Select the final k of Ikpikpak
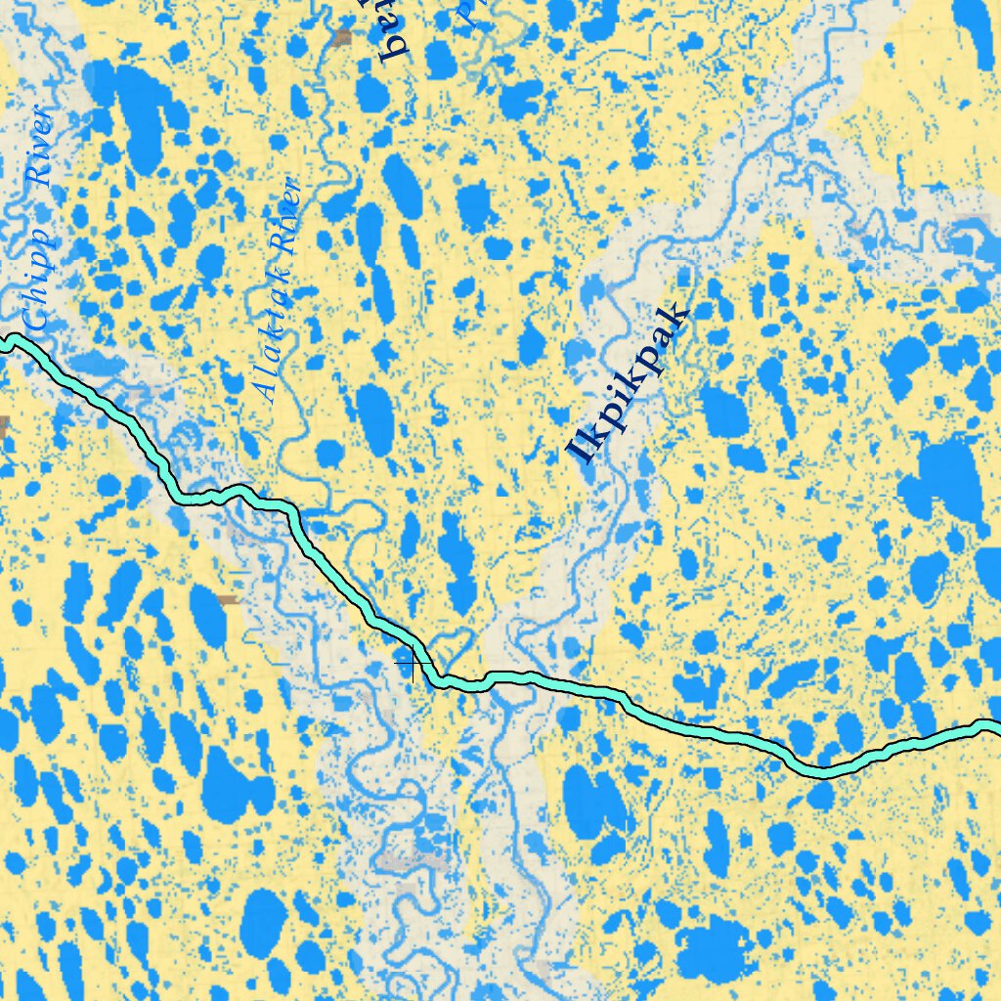point(676,319)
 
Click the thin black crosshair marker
point(413,664)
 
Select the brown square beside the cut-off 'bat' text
point(341,38)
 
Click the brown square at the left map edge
point(3,426)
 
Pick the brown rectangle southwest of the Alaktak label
point(229,599)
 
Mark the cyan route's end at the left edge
point(4,341)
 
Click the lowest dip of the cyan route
point(823,771)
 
